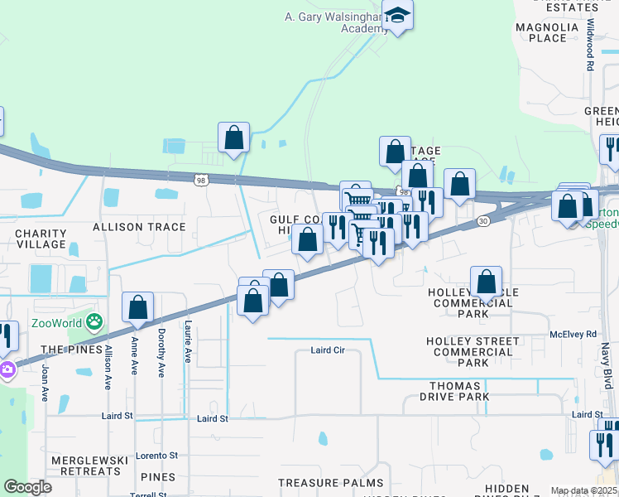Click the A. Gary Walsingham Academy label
coord(335,22)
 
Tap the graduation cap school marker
coord(397,16)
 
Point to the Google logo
coord(28,487)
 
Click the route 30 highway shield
coord(482,221)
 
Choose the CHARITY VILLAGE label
coord(41,239)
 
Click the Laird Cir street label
coord(327,350)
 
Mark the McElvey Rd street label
coord(573,335)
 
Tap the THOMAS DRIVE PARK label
coord(454,392)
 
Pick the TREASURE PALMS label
coord(330,483)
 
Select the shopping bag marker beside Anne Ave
coord(137,307)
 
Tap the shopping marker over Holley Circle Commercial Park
coord(487,282)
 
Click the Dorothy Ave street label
coord(161,352)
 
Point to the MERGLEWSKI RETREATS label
coord(85,466)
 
